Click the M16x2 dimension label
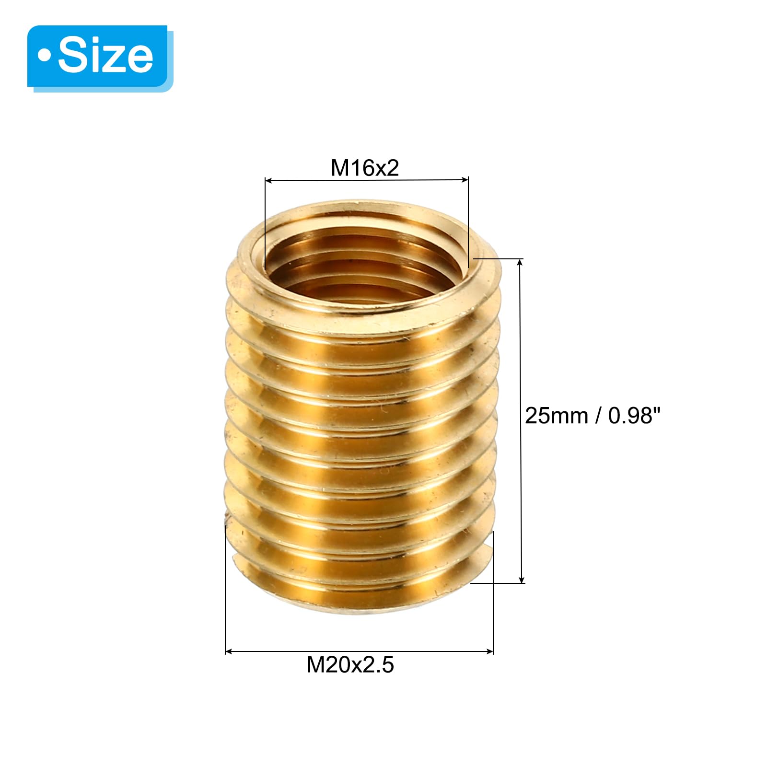pos(365,168)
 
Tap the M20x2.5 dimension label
pos(350,665)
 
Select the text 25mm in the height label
pos(557,416)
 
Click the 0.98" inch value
pos(634,415)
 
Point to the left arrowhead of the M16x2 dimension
pos(269,181)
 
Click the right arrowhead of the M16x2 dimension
pos(465,180)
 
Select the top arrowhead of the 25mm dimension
pos(520,263)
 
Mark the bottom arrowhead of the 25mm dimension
pos(522,579)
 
